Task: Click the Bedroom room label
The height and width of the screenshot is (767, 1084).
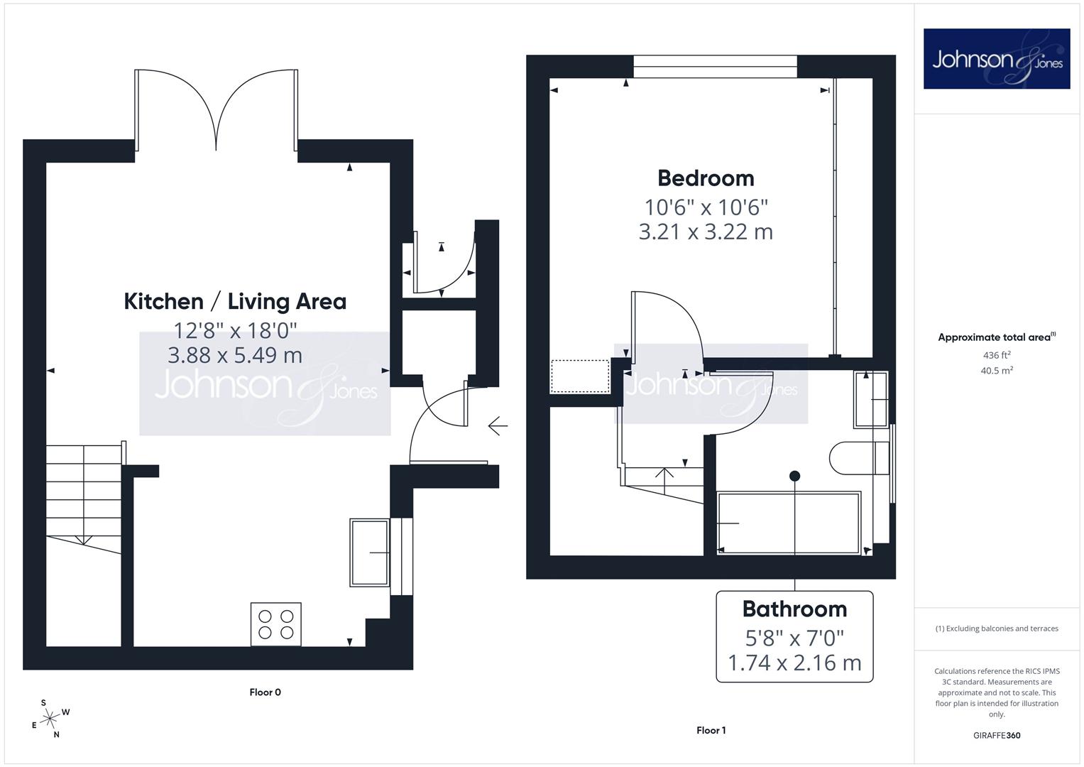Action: click(706, 179)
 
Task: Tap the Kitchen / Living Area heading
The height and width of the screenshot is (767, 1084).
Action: click(235, 302)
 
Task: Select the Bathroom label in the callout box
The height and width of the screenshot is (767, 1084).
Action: click(794, 609)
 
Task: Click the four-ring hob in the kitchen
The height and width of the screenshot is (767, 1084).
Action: click(276, 624)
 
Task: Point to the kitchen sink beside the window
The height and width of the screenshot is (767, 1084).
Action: click(370, 553)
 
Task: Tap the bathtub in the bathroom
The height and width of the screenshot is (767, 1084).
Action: click(789, 523)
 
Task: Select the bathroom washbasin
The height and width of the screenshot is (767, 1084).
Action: click(871, 399)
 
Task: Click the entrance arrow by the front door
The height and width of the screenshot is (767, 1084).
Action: click(498, 426)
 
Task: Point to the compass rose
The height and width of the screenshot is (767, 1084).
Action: click(50, 719)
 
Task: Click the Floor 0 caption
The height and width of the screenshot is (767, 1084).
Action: click(265, 692)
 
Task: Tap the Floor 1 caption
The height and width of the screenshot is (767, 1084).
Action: click(711, 730)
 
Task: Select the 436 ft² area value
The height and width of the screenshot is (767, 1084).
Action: click(997, 355)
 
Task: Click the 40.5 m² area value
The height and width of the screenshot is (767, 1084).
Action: click(997, 371)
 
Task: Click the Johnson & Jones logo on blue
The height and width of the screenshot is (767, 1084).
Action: click(997, 58)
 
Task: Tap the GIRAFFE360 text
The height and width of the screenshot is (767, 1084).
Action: click(997, 736)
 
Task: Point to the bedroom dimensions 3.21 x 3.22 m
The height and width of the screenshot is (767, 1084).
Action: click(706, 232)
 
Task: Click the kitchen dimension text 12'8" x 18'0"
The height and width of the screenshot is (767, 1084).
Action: click(235, 331)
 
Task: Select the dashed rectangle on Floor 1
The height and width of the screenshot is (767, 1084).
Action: click(580, 376)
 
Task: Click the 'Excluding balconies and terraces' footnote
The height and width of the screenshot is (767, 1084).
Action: click(997, 629)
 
